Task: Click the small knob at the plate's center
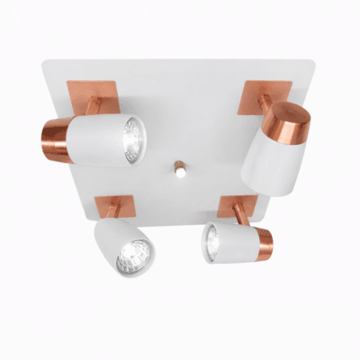(x=179, y=168)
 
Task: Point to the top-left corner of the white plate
(x=44, y=61)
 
